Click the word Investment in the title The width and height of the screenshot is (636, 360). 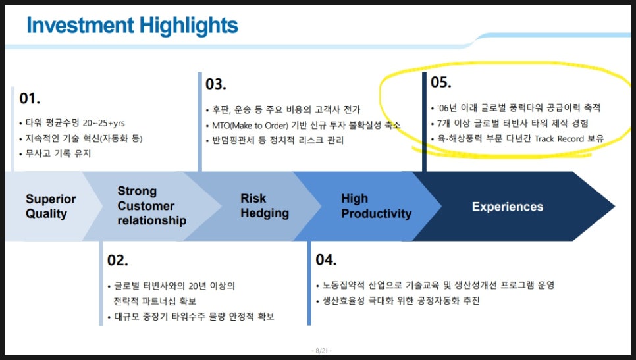pyautogui.click(x=80, y=25)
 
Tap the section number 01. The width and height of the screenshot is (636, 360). pyautogui.click(x=30, y=99)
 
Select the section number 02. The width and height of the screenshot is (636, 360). pyautogui.click(x=118, y=260)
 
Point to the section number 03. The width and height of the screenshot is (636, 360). pyautogui.click(x=216, y=84)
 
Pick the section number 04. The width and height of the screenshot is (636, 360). pyautogui.click(x=326, y=259)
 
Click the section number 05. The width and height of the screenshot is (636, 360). pyautogui.click(x=441, y=82)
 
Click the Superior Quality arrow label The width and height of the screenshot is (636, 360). pyautogui.click(x=51, y=207)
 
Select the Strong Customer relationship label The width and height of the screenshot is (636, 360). pyautogui.click(x=151, y=205)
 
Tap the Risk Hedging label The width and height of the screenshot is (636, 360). pyautogui.click(x=265, y=205)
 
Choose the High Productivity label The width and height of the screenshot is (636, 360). pyautogui.click(x=376, y=206)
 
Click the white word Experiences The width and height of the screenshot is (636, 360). pyautogui.click(x=508, y=207)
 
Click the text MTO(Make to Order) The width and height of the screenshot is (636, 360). pyautogui.click(x=250, y=125)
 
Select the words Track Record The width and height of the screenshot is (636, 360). pyautogui.click(x=559, y=139)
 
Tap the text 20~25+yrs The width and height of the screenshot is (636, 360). pyautogui.click(x=104, y=123)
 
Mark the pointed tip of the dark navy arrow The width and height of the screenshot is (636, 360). pyautogui.click(x=614, y=207)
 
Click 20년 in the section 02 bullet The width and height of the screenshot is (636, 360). pyautogui.click(x=198, y=286)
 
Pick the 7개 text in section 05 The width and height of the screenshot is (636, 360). pyautogui.click(x=443, y=123)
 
